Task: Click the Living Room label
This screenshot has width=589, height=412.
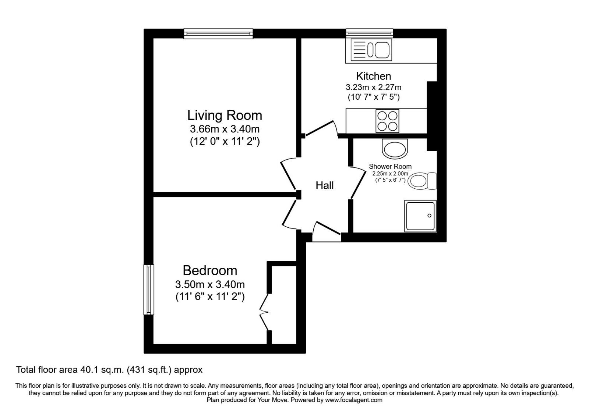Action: [225, 116]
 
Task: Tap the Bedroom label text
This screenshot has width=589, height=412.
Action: [210, 271]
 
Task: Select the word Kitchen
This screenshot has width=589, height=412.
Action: [373, 76]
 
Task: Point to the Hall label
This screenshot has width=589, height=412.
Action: [324, 185]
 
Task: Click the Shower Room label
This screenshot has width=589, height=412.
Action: [390, 166]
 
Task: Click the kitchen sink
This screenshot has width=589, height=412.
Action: [371, 50]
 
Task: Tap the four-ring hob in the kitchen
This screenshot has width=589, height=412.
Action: [387, 121]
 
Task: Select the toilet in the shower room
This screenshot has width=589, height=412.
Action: [422, 181]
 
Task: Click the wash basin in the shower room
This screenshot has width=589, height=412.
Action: [395, 149]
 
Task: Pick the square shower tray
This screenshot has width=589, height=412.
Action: [420, 216]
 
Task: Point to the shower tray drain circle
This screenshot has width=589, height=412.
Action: [429, 216]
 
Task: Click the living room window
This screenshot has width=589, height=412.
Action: [218, 33]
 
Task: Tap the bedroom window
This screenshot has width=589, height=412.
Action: [149, 290]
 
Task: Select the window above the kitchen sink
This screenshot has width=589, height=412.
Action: [370, 33]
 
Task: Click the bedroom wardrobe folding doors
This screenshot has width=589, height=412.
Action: [264, 312]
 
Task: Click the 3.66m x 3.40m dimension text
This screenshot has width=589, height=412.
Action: [225, 129]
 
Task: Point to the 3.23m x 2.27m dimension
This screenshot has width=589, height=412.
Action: [373, 87]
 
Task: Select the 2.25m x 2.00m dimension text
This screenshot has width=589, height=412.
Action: [390, 174]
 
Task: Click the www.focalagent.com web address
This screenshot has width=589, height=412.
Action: [354, 400]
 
